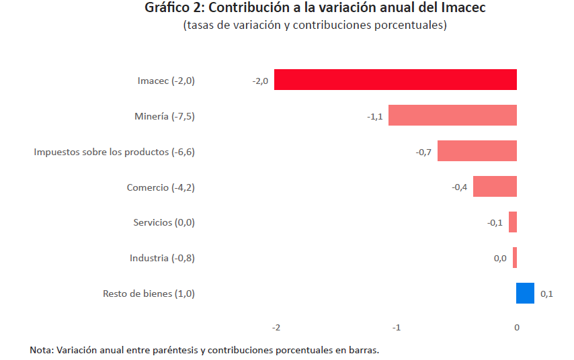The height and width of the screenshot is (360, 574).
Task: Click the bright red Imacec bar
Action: [395, 80]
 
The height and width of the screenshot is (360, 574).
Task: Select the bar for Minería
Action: [452, 116]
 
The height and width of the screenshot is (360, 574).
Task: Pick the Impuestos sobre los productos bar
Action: [477, 151]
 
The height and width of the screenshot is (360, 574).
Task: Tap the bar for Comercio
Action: [495, 187]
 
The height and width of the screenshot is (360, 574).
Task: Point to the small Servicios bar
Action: [513, 222]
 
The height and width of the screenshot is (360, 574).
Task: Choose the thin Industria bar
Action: [515, 258]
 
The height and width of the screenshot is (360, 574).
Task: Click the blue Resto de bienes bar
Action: [525, 294]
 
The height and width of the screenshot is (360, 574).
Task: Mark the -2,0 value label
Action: [260, 81]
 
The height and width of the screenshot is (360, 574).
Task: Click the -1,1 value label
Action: [374, 117]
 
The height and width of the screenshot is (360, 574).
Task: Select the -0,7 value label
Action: [423, 152]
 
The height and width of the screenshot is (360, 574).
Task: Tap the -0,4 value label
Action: [459, 187]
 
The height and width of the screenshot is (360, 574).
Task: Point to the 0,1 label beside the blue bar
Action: [546, 294]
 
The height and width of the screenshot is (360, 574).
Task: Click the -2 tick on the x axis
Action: [276, 328]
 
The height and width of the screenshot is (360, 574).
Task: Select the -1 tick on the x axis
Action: [397, 328]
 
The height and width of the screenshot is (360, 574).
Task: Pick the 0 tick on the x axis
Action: [517, 328]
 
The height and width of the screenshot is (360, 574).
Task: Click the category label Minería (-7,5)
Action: [165, 116]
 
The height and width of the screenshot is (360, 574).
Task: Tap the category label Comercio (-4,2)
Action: [161, 187]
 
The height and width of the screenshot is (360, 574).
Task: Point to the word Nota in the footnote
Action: [41, 351]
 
